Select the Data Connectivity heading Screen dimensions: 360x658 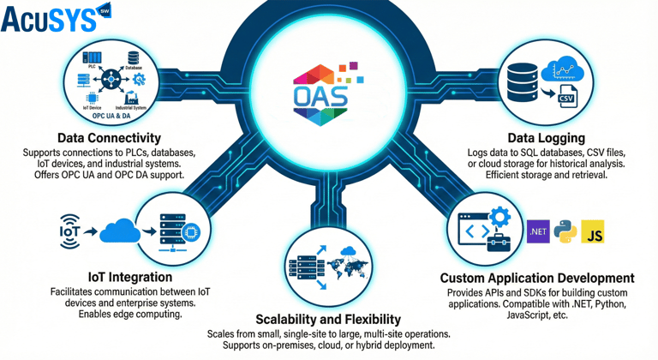click(109, 138)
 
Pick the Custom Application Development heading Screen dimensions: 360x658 click(537, 279)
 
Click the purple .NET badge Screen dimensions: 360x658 click(539, 232)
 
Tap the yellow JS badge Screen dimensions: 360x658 click(594, 232)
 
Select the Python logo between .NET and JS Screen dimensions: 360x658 click(565, 232)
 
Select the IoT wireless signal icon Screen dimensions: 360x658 click(69, 231)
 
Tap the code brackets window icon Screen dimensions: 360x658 click(474, 230)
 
